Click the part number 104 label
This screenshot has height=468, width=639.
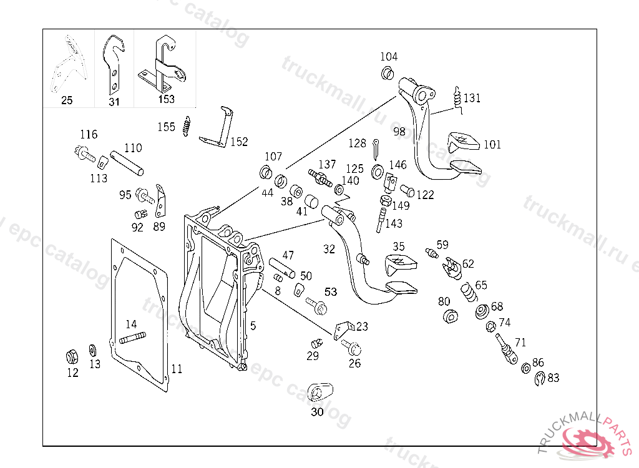tap(389, 57)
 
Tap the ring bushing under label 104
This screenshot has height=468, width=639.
tap(387, 74)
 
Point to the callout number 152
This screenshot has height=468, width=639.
tap(239, 142)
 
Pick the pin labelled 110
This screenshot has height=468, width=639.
tap(127, 163)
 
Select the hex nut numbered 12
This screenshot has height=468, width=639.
tap(72, 358)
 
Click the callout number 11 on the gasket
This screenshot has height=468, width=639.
tap(177, 369)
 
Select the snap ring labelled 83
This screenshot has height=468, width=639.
tap(540, 378)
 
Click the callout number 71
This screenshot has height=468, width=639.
tap(520, 342)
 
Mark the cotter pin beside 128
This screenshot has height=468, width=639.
tap(378, 149)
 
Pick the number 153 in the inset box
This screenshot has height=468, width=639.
tap(167, 99)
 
